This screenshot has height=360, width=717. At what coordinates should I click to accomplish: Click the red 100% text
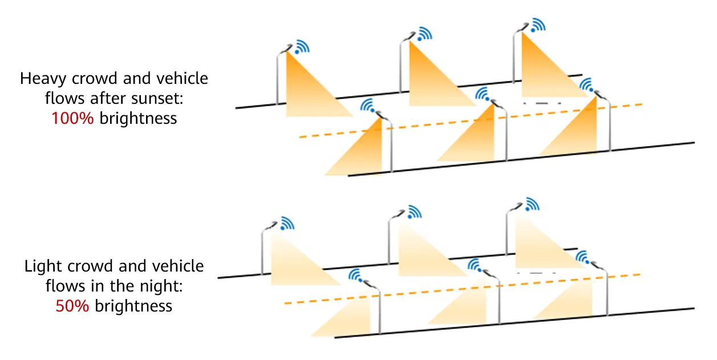tap(72, 118)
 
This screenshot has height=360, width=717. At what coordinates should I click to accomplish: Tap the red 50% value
tap(72, 306)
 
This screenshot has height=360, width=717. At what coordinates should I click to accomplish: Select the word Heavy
tap(43, 79)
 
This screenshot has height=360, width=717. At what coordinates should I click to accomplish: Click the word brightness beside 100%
tap(138, 118)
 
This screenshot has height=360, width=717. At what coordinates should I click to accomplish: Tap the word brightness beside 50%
tap(133, 306)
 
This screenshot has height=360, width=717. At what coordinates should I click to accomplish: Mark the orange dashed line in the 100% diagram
tap(471, 121)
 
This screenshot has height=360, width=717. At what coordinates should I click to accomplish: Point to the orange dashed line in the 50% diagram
tap(462, 289)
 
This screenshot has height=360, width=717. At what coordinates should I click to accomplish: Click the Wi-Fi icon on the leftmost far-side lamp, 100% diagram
tap(302, 47)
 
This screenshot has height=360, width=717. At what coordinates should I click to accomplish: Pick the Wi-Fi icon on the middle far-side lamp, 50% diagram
tap(415, 212)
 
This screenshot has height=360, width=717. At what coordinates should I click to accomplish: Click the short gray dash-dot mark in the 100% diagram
tap(542, 103)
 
